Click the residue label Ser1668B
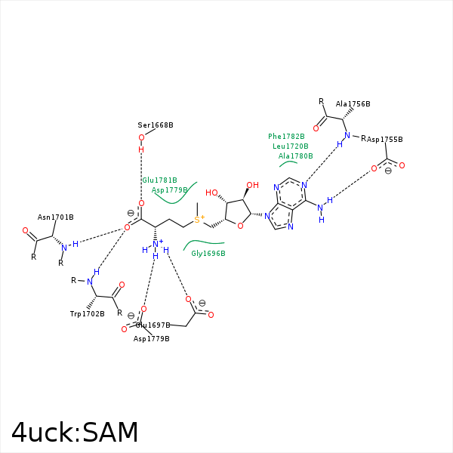point(156,125)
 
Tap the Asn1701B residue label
point(56,217)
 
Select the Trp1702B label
point(88,313)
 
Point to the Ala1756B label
point(353,104)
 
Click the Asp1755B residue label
point(384,140)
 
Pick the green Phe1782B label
point(287,137)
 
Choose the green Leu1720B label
point(291,146)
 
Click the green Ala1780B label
point(295,156)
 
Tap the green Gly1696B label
point(208,254)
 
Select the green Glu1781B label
point(160,180)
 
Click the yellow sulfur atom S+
point(197,220)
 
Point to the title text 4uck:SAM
point(75,433)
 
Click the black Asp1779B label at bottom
point(152,338)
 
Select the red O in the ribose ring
point(239,224)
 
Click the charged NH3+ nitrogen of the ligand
point(156,244)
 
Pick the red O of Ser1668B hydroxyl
point(141,137)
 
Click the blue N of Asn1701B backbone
point(63,247)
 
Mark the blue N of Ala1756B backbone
point(347,136)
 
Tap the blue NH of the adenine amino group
point(322,207)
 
